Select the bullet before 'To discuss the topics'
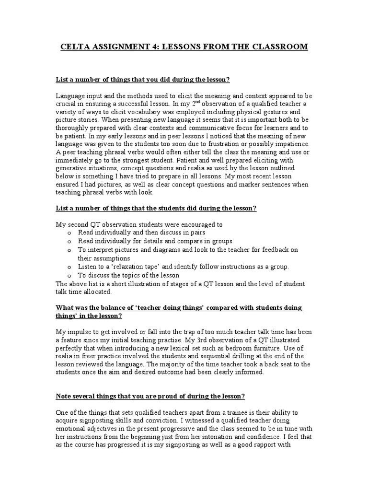(x=70, y=276)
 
